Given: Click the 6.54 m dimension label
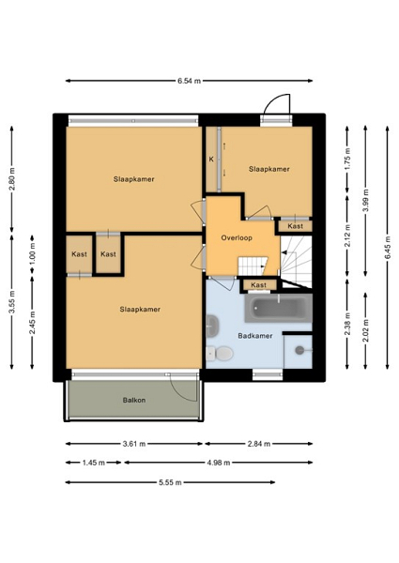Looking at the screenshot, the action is point(189,81).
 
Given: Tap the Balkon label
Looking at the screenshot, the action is point(134,400).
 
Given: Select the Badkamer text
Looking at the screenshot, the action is point(255,336).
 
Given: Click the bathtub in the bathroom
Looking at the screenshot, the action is point(279,308).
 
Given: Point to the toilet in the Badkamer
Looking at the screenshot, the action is point(220,353).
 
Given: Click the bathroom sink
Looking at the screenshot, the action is point(212,325).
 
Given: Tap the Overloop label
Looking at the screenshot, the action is point(237,237).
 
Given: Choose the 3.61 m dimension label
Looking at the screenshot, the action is point(134,444).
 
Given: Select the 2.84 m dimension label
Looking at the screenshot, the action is point(258,444).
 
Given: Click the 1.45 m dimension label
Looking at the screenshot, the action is point(93,463).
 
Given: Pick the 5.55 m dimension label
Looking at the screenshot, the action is point(170,482).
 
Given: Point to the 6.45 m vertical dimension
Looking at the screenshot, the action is point(388,248).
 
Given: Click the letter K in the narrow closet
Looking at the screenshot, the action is point(211,160).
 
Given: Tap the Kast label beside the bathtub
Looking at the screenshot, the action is point(258,285).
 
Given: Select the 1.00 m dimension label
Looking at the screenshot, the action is point(32,254).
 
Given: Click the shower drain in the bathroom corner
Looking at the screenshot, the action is point(299,350).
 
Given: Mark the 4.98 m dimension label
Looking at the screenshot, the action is point(219,463).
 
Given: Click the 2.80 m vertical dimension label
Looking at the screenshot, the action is point(12,178).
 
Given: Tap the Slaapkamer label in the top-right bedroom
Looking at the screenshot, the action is point(269,169).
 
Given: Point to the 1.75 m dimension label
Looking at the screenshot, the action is point(347,160).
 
